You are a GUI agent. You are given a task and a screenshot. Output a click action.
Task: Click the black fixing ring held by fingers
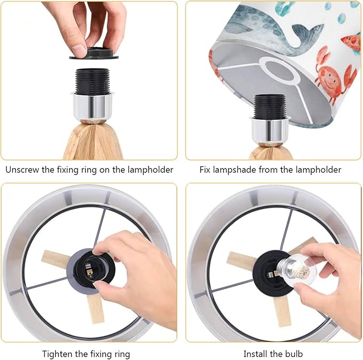point(94,53)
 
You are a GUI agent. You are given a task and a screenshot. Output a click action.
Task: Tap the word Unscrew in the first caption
point(22,170)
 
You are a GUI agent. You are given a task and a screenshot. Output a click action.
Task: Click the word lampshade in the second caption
point(234,170)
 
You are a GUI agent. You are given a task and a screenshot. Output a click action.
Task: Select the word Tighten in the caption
point(57,354)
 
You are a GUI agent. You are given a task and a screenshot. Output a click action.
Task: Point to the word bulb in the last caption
point(294,354)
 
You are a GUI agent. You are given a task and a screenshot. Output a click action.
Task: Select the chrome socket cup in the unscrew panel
point(93,106)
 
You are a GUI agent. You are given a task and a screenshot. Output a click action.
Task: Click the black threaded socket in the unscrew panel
point(92,81)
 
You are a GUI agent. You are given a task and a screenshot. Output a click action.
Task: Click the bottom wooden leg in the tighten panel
point(95,309)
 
